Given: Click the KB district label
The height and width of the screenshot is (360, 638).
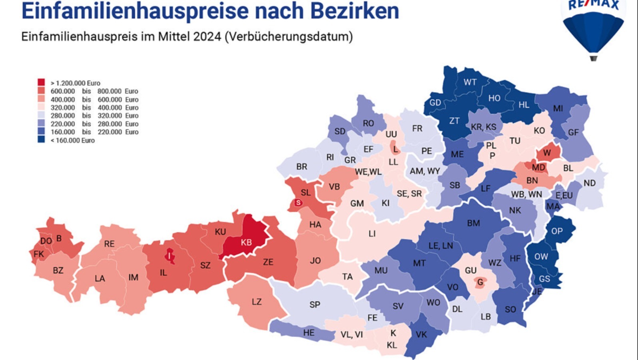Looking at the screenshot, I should coord(246,242).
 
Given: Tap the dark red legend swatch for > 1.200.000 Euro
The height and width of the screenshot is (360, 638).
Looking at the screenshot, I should coord(41,82).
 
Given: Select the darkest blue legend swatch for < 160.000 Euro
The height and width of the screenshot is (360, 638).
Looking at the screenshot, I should coord(41,140).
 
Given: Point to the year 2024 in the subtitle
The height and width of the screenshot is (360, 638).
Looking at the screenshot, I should coord(207,36).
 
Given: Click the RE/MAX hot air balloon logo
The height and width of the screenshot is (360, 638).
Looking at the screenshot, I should coord(593,28).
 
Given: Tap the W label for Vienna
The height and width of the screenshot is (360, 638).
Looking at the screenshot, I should coord(547,153).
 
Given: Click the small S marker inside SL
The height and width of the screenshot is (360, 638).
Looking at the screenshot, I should coord(298,203).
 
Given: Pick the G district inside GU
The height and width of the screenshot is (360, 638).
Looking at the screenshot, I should coord(480,282).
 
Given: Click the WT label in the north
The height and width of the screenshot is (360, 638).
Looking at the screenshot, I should coord(470,82).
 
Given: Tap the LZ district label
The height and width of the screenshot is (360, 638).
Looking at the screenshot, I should coord(257,302).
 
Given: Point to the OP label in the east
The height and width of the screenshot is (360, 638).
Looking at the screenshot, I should coord(557,231).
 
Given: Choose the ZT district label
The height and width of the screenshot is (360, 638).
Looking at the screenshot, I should coord(454,121).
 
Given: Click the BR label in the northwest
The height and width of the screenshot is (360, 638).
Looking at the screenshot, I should coord(302,166).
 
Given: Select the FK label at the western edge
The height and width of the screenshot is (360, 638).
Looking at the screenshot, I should coord(39,254).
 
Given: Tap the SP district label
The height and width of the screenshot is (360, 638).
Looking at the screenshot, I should coord(315,304).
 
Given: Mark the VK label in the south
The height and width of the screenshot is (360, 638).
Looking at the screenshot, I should coord(421,334).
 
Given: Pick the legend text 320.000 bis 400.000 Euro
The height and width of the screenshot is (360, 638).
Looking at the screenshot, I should coord(94,108).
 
